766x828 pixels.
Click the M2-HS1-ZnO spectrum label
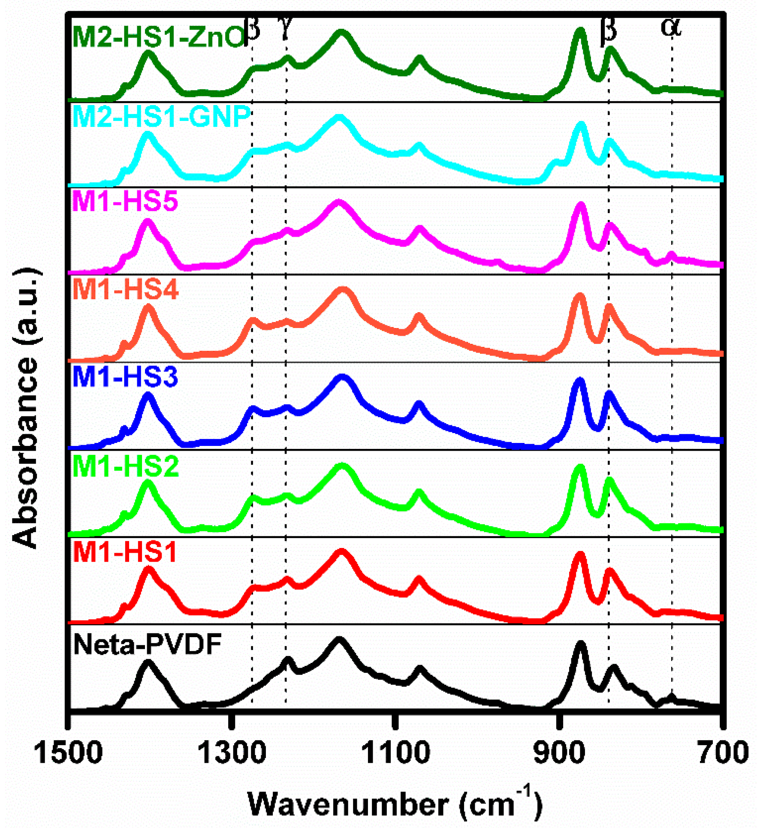[x=158, y=37]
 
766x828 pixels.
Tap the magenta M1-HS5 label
[x=125, y=201]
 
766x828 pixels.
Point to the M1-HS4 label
[x=125, y=289]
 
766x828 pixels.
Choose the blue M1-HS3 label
[x=125, y=377]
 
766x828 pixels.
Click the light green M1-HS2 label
[x=125, y=466]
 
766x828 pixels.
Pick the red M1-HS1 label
[x=125, y=552]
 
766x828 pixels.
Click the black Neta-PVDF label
[x=148, y=644]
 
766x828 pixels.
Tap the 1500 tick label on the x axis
[x=69, y=753]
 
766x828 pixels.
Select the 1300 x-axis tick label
[x=232, y=753]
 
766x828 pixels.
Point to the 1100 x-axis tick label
[x=395, y=753]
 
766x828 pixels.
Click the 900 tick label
[x=559, y=753]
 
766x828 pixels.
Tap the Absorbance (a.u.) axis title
[x=26, y=407]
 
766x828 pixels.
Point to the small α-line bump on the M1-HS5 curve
[x=672, y=256]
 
